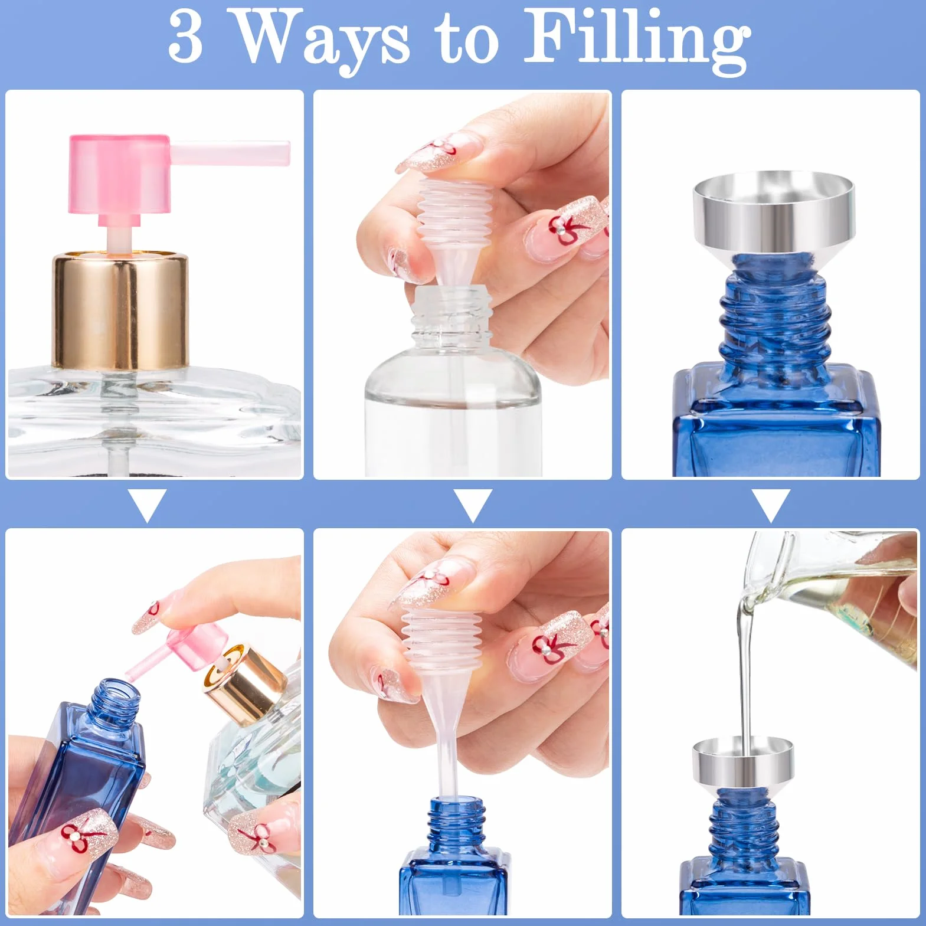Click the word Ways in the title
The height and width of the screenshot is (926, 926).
pyautogui.click(x=322, y=40)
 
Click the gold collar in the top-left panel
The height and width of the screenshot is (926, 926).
pyautogui.click(x=120, y=311)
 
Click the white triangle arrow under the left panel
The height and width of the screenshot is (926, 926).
pyautogui.click(x=147, y=504)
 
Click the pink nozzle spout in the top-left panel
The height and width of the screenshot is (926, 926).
pyautogui.click(x=230, y=152)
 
